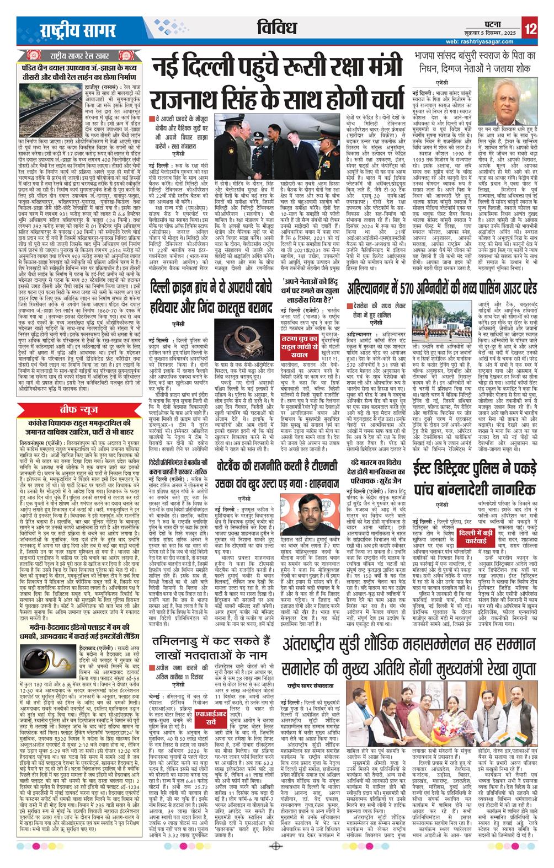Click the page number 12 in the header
(x=531, y=28)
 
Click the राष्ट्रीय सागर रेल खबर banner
(x=75, y=57)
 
